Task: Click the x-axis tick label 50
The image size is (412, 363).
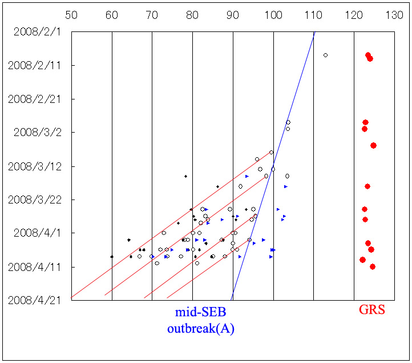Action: tap(71, 15)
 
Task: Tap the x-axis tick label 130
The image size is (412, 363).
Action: tap(394, 15)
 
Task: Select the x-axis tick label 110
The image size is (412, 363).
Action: tap(313, 15)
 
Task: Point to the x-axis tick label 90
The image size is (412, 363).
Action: tap(233, 15)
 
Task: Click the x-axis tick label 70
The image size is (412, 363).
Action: tap(152, 15)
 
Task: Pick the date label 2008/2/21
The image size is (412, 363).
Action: tap(35, 99)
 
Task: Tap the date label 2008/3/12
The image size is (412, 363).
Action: tap(35, 166)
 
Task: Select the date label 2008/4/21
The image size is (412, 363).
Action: tap(35, 300)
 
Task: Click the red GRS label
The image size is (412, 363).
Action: tap(371, 310)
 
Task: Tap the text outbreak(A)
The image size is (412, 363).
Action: tap(200, 329)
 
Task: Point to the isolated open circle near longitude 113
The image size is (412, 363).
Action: tap(325, 55)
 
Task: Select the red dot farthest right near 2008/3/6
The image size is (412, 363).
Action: tap(373, 145)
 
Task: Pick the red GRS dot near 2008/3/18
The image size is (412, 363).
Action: tap(367, 186)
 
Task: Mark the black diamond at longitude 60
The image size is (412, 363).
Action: tap(112, 257)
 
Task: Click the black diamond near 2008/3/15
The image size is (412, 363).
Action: tap(185, 176)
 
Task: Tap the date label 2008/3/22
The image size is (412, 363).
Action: tap(35, 200)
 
